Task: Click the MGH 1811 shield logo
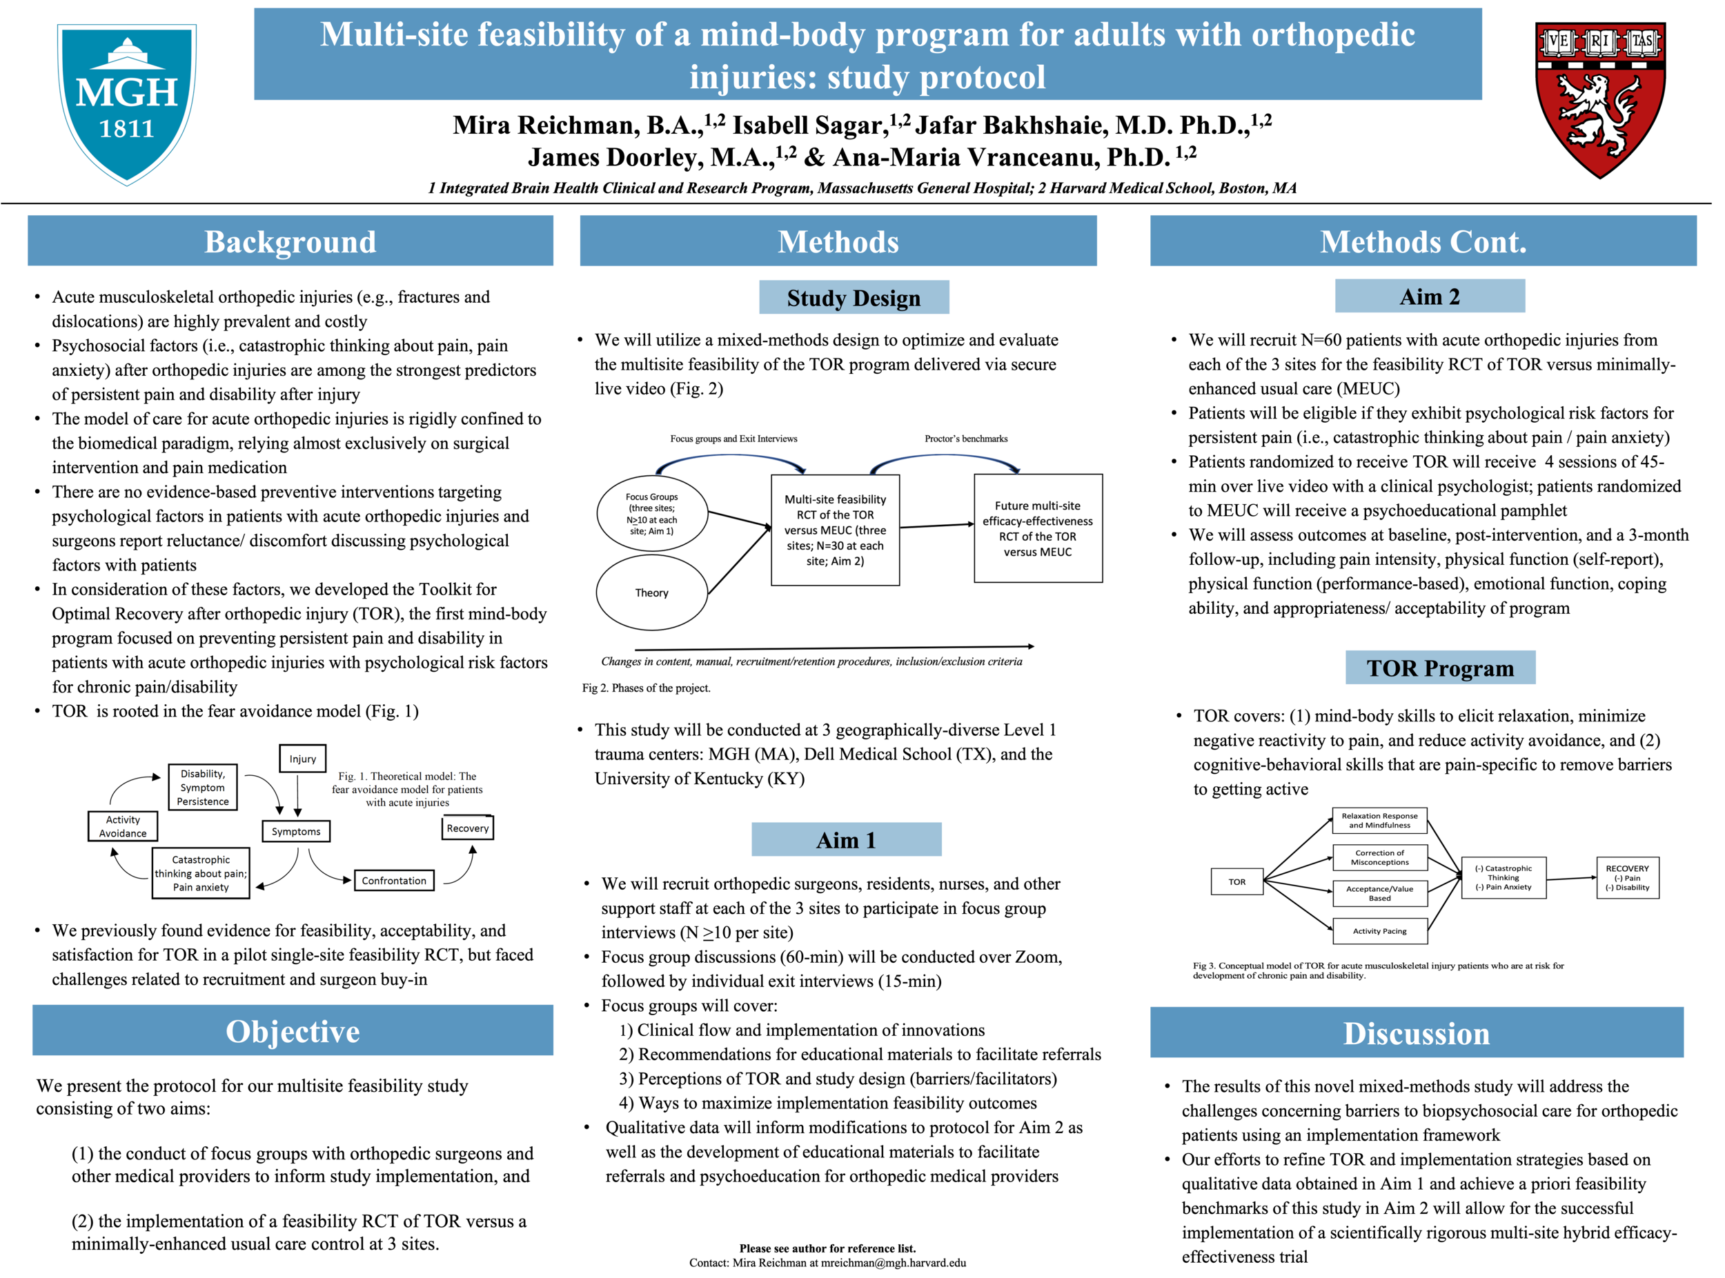[x=127, y=104]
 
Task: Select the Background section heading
[x=291, y=242]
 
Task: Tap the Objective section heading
[x=293, y=1032]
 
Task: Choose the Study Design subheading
[x=854, y=298]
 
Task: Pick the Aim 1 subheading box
[x=847, y=841]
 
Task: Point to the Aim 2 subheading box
[x=1430, y=297]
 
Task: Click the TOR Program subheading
[x=1441, y=668]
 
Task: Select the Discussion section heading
[x=1417, y=1035]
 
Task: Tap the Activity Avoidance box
[x=123, y=827]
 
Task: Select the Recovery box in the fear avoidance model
[x=467, y=828]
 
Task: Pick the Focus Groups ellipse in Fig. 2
[x=652, y=514]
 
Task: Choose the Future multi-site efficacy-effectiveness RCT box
[x=1038, y=529]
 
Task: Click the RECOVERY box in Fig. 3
[x=1628, y=879]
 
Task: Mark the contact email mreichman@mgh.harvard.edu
[x=894, y=1264]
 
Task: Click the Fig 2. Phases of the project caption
[x=647, y=688]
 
